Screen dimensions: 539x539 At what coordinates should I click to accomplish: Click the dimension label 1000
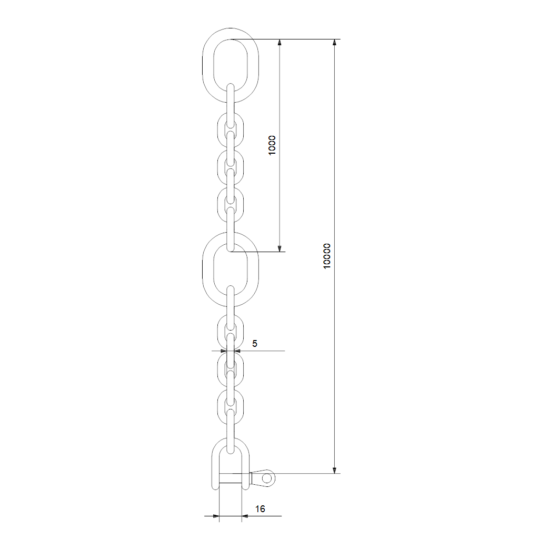272,145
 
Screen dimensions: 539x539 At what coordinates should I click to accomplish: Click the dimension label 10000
327,256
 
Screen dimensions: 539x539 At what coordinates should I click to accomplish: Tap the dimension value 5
255,343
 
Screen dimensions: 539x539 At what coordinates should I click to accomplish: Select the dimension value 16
260,509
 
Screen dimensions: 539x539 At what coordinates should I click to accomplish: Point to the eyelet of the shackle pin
267,478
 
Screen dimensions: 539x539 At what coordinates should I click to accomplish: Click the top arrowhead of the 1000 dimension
280,42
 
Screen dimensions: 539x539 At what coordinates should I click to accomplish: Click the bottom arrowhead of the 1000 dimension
280,248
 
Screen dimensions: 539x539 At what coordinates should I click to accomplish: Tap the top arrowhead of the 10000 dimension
334,42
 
